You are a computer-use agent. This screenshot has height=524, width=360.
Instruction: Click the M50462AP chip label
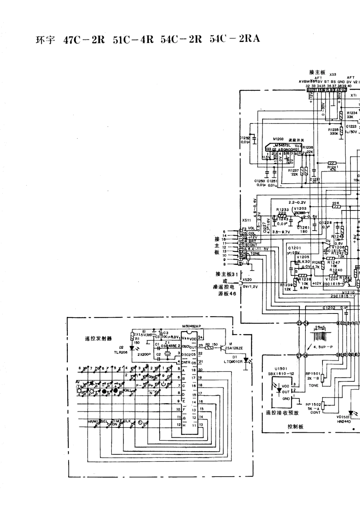191,326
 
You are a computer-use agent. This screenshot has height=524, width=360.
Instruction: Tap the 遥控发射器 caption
95,338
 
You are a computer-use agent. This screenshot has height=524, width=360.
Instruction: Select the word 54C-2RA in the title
235,39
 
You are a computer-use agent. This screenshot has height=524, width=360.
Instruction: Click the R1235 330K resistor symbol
341,131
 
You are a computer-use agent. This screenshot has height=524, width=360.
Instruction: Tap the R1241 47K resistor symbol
333,163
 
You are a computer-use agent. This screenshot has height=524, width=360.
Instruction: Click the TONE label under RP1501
313,385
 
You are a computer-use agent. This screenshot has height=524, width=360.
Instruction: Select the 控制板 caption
295,426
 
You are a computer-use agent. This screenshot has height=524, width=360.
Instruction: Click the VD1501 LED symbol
350,413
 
